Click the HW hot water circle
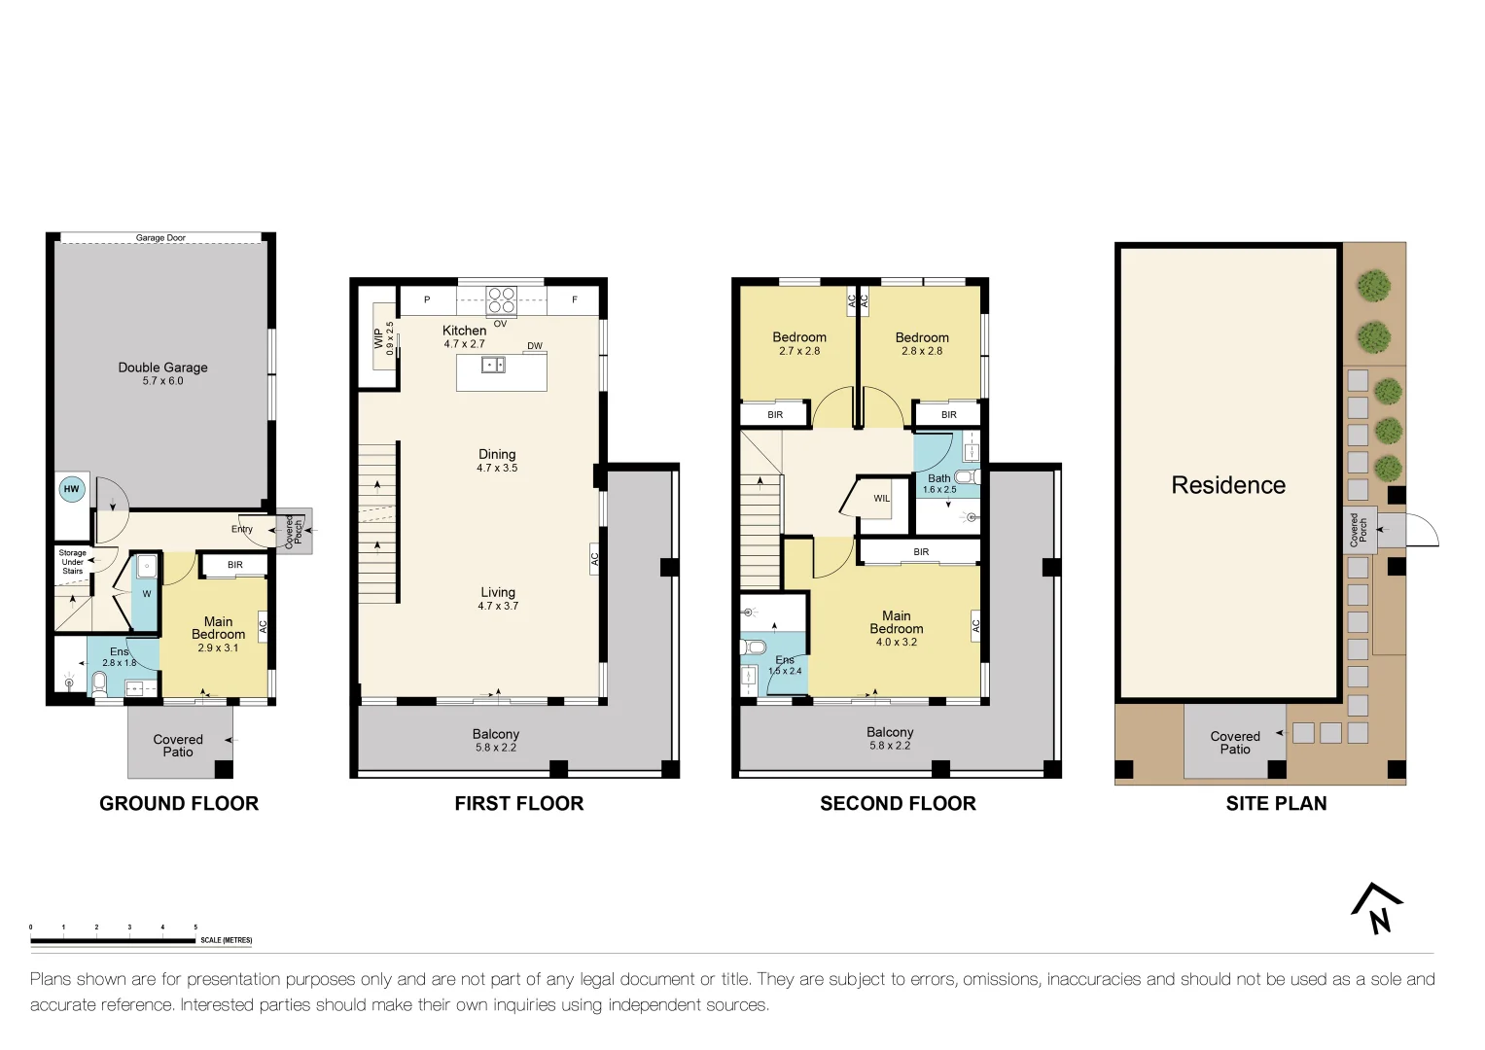click(72, 489)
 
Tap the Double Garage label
click(162, 367)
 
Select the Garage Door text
click(160, 237)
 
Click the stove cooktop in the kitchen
click(501, 300)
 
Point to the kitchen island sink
click(493, 365)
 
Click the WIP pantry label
click(378, 338)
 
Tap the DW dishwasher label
click(534, 345)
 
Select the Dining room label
click(497, 454)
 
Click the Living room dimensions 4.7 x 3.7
click(498, 605)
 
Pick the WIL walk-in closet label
click(881, 499)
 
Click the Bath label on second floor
click(938, 478)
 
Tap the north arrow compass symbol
click(1376, 908)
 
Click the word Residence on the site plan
click(1228, 484)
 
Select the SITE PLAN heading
click(1276, 803)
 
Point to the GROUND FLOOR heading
click(179, 803)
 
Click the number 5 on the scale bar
click(195, 927)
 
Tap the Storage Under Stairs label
click(72, 562)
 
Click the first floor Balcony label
click(496, 734)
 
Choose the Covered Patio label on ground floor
click(178, 745)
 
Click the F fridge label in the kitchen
click(574, 299)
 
